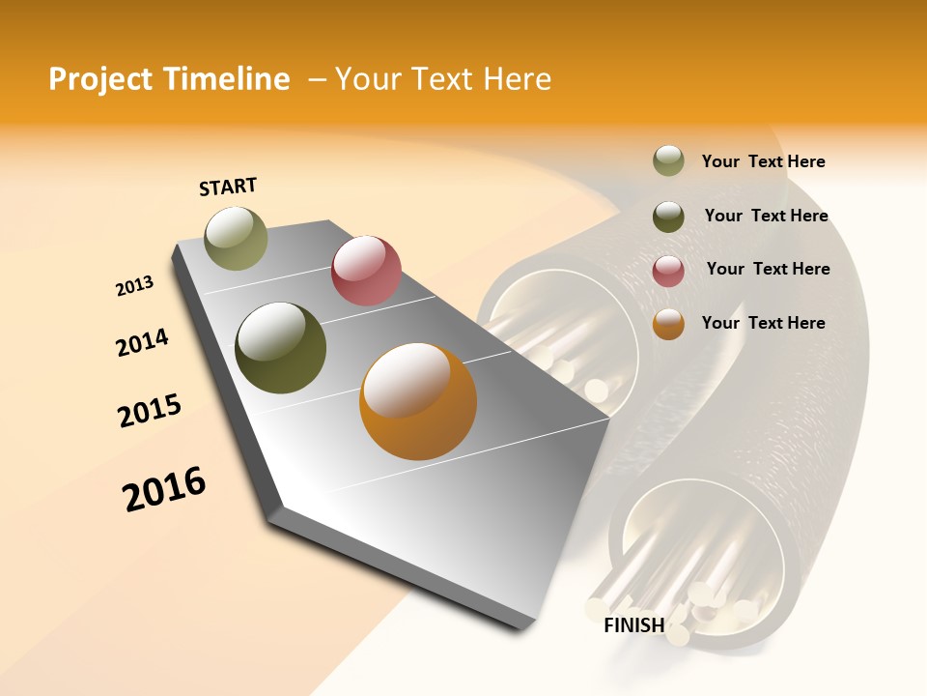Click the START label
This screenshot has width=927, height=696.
click(x=228, y=187)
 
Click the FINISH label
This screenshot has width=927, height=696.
click(x=633, y=625)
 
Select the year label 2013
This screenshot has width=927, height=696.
click(x=134, y=286)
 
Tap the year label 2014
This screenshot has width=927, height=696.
click(x=142, y=342)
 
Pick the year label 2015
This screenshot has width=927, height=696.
click(x=150, y=411)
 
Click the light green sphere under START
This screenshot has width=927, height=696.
click(x=236, y=238)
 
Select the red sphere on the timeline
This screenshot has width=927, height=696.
click(x=366, y=271)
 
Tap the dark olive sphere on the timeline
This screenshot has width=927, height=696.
click(x=280, y=348)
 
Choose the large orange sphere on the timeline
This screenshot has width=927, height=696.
click(x=418, y=401)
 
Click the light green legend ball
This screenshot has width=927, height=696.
click(x=668, y=161)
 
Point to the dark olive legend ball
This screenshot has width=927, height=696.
click(x=668, y=217)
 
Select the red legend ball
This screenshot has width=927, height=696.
click(x=668, y=271)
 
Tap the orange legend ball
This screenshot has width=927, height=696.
click(x=668, y=324)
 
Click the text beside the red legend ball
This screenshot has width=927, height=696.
click(x=768, y=269)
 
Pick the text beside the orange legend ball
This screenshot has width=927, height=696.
click(x=763, y=323)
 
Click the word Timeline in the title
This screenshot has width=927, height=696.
click(x=227, y=79)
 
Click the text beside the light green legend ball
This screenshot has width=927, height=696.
click(x=763, y=161)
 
